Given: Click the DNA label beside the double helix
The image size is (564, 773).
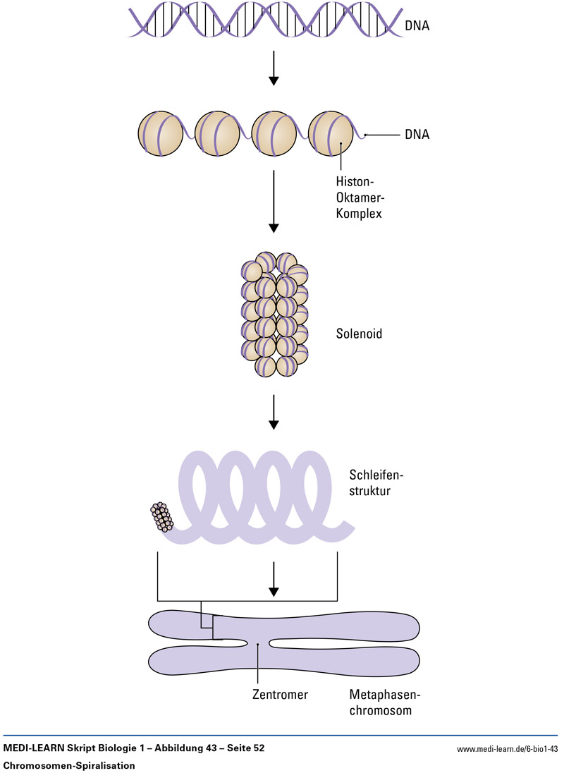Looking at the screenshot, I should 417,28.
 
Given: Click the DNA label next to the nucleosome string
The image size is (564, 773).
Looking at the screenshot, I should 417,134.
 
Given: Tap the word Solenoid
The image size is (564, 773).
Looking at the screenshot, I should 359,334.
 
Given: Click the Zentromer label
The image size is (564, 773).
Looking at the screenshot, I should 280,694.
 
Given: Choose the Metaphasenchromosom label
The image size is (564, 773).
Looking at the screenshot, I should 381,702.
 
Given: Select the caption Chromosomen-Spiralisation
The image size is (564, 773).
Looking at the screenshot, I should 69,765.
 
